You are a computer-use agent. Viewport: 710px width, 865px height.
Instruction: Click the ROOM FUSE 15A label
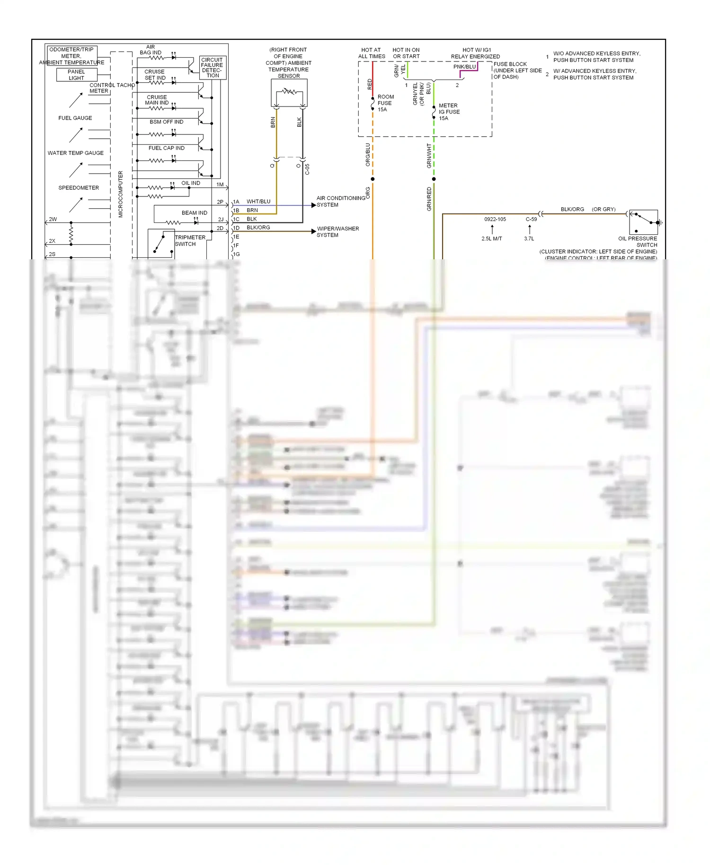point(385,103)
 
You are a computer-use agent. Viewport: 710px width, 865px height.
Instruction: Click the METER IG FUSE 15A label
point(449,112)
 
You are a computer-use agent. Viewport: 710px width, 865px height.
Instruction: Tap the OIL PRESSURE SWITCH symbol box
point(644,222)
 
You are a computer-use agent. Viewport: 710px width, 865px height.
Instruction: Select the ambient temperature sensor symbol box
point(289,93)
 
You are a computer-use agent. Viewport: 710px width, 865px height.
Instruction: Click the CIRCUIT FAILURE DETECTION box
point(212,68)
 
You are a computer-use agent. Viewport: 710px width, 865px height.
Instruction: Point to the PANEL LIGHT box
point(76,75)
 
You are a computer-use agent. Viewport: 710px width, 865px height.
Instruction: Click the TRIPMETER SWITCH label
point(190,241)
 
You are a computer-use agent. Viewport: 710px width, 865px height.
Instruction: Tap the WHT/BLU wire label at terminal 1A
point(258,202)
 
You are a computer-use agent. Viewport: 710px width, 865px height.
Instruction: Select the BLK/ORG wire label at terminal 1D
point(258,228)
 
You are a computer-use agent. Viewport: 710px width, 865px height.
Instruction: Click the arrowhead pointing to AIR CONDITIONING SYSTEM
point(313,205)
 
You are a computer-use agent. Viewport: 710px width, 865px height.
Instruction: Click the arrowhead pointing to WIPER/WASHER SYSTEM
point(313,231)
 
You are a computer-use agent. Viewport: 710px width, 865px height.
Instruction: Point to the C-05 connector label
point(307,169)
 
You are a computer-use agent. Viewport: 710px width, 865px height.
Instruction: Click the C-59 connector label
point(531,219)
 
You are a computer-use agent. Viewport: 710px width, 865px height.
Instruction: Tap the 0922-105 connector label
point(495,219)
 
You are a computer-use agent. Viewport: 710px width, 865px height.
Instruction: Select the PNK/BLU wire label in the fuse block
point(464,67)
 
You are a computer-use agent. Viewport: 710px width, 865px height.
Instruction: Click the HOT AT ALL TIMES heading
point(372,53)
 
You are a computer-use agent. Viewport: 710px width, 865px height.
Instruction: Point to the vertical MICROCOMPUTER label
point(121,194)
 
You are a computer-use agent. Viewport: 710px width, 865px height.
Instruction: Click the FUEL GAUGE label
point(75,118)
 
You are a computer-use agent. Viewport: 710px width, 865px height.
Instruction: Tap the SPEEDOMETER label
point(79,188)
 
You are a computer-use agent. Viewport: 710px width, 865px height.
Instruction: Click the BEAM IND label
point(194,213)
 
